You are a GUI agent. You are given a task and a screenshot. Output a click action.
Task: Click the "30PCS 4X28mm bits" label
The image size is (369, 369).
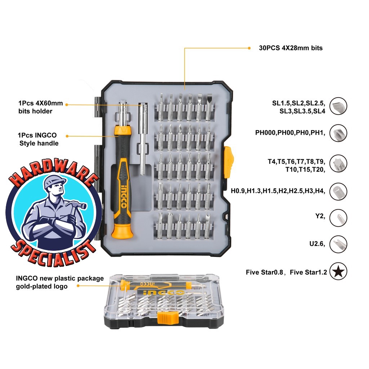click(291, 48)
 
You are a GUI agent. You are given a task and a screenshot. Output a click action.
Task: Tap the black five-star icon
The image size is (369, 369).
click(338, 271)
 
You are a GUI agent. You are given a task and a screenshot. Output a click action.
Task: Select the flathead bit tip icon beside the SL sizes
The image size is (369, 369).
click(338, 106)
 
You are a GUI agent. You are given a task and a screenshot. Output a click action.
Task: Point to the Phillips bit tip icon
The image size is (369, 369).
click(338, 133)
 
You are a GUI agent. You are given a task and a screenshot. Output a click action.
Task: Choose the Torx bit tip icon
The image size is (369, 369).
click(338, 164)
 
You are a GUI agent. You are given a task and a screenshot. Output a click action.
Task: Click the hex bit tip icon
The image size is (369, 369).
click(338, 191)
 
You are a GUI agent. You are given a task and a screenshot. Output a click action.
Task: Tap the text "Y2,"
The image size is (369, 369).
click(320, 216)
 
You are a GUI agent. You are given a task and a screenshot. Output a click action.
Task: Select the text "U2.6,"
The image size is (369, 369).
click(317, 244)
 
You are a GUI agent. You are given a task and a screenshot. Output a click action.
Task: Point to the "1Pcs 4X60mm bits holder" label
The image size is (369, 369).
click(40, 107)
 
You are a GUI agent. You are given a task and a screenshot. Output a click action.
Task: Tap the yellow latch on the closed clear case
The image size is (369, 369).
click(168, 318)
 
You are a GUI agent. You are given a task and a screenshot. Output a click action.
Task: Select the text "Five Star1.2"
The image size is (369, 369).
click(308, 272)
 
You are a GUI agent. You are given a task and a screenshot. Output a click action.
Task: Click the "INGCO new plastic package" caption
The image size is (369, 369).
click(60, 279)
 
